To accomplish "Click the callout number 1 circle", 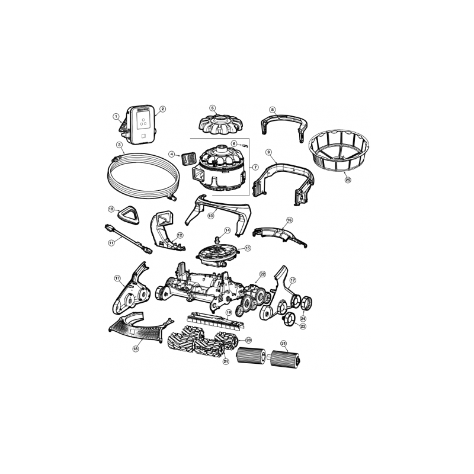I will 117,116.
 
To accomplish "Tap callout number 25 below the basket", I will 347,179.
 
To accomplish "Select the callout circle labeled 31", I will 283,344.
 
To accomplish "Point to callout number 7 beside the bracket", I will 255,167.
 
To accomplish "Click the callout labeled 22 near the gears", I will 262,274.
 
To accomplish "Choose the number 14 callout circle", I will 227,230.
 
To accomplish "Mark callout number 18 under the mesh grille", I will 136,350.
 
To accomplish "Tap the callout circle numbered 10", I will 111,209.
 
